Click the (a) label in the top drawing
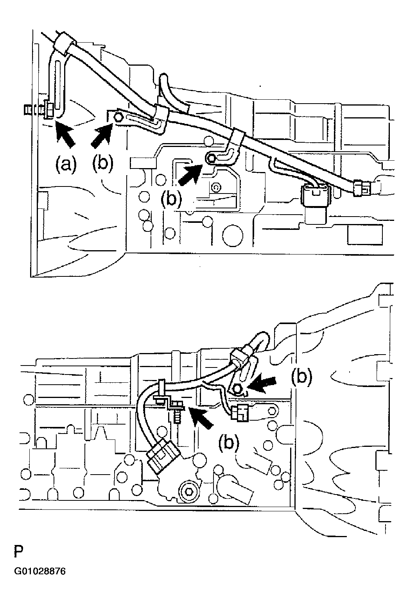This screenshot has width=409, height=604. [65, 164]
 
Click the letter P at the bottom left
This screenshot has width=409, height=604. [18, 552]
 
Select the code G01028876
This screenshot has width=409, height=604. [40, 572]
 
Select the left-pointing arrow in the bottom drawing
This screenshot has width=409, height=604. [263, 384]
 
